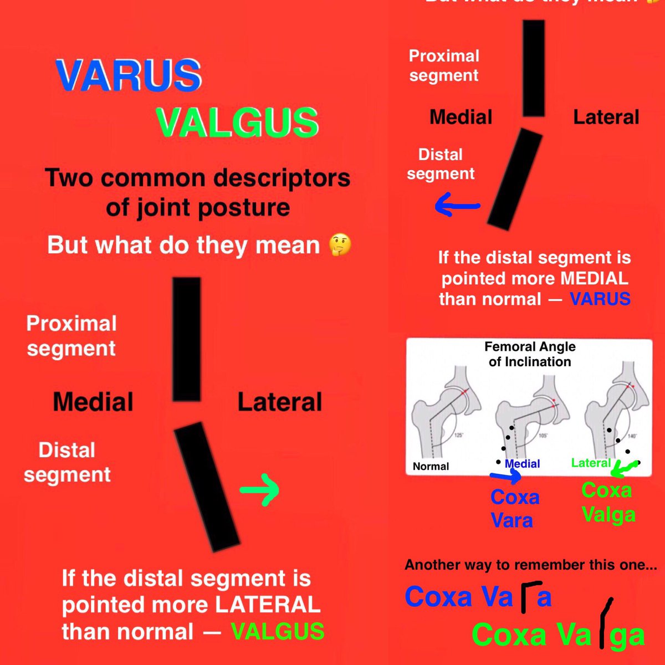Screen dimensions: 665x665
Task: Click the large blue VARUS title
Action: pos(129,75)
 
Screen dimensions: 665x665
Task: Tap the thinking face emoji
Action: pos(340,245)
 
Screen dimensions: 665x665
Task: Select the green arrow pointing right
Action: pos(259,490)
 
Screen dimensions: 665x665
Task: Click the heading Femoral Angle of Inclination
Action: pos(530,354)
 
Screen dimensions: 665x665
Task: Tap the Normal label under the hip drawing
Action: pos(431,467)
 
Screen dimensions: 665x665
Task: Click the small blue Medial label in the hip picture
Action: pos(522,464)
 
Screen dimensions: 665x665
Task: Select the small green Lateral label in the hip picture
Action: pos(591,463)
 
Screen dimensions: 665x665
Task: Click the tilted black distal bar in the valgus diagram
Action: pos(206,487)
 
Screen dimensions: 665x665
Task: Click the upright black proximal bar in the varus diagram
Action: pos(534,68)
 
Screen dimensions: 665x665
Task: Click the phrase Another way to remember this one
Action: pos(531,565)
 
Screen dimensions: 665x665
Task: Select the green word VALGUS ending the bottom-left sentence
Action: pos(278,631)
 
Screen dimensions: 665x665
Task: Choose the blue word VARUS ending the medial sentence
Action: pos(600,299)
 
